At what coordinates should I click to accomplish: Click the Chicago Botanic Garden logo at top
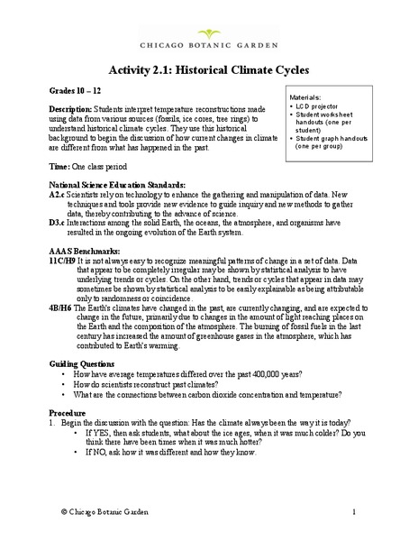tap(208, 32)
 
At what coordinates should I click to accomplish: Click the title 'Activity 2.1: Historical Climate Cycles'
tap(208, 70)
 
